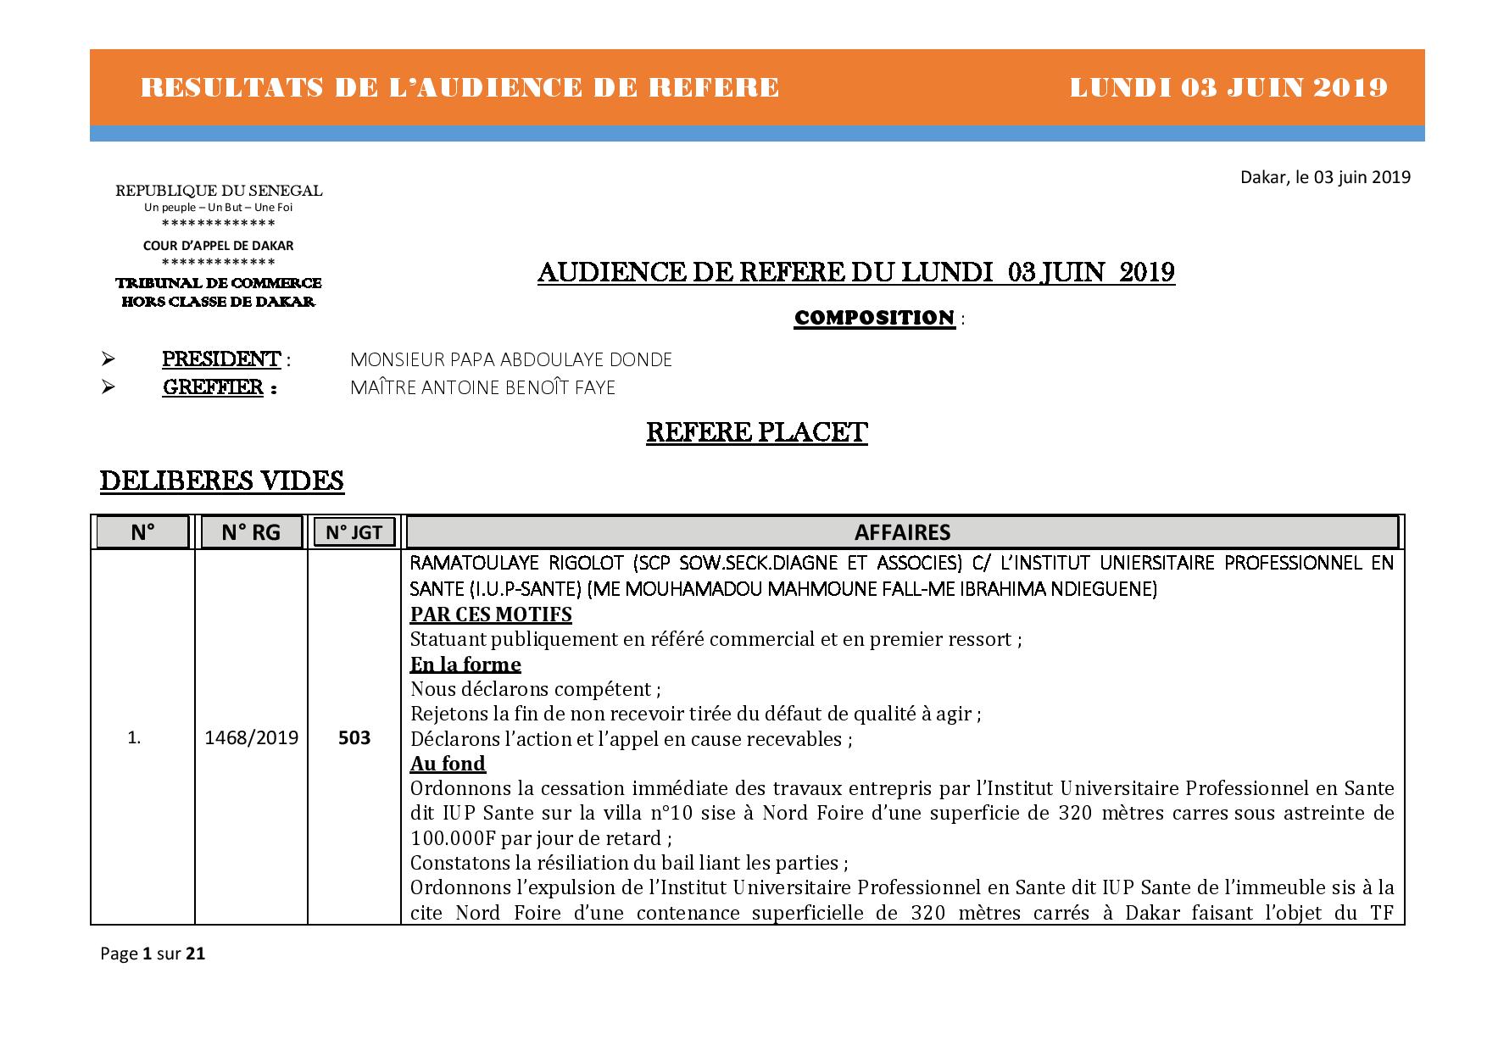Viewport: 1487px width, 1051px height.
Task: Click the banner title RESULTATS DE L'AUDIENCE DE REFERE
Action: [x=459, y=87]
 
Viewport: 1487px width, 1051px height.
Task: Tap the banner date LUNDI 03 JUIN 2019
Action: [x=1228, y=87]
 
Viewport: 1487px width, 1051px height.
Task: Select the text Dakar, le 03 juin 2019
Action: [x=1325, y=177]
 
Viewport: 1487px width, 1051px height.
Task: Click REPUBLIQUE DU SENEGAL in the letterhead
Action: [x=219, y=192]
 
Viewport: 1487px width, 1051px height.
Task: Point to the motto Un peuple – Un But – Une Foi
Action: [x=219, y=207]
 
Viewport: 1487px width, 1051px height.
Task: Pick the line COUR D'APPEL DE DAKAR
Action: [x=219, y=246]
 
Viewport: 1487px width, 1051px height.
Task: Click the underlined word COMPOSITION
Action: [x=874, y=318]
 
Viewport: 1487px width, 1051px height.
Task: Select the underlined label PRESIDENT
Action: [x=221, y=359]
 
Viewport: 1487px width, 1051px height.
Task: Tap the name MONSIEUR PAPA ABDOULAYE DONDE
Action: [x=510, y=359]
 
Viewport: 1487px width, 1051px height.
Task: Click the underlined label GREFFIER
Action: [x=213, y=387]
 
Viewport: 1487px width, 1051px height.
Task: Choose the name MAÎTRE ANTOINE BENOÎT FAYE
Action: [x=482, y=387]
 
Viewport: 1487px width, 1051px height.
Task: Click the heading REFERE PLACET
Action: [x=756, y=432]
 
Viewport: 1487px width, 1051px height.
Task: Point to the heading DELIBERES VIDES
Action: [x=222, y=481]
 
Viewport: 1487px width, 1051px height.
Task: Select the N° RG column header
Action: [x=251, y=532]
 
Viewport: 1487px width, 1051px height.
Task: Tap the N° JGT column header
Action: [x=354, y=532]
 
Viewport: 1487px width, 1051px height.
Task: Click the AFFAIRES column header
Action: [x=902, y=532]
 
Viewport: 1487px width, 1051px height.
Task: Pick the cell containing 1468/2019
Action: [x=252, y=737]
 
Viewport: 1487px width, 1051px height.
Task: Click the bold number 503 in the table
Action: [x=354, y=737]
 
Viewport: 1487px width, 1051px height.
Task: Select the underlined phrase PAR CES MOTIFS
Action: [x=491, y=614]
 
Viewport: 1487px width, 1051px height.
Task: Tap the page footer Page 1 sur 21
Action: [x=153, y=954]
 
